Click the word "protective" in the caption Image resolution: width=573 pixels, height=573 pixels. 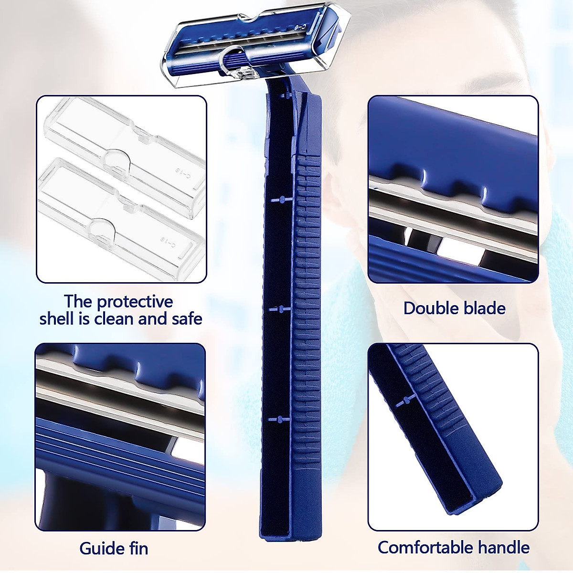[135, 302]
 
